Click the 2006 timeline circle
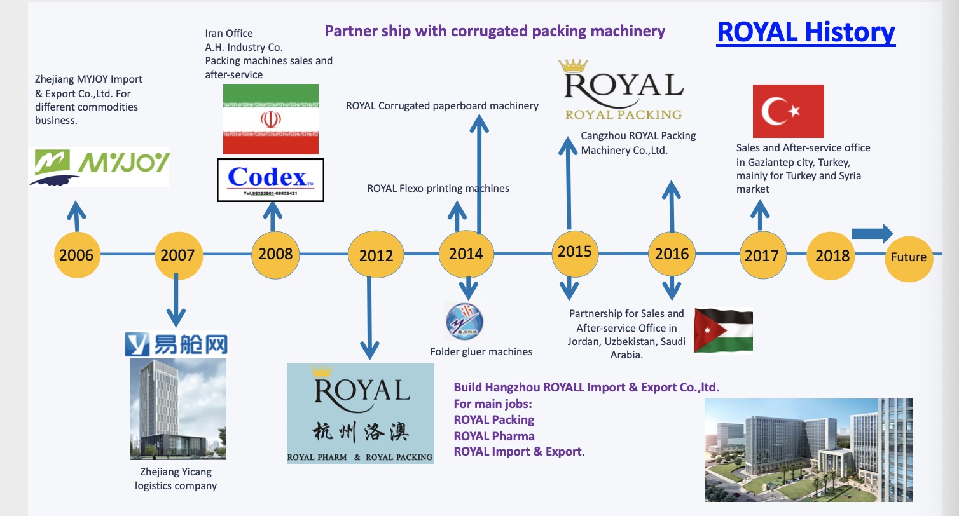click(x=76, y=255)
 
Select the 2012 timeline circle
click(x=376, y=255)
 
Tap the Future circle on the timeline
click(x=909, y=257)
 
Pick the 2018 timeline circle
click(x=832, y=255)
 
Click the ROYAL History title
click(x=806, y=32)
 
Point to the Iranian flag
click(x=271, y=119)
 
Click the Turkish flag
click(x=788, y=111)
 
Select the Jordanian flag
click(x=723, y=330)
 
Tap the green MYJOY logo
click(x=99, y=166)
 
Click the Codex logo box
click(x=270, y=180)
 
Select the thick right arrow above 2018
click(x=872, y=233)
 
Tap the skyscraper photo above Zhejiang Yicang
click(x=177, y=409)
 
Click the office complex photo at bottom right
click(x=808, y=450)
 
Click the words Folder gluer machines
click(x=481, y=351)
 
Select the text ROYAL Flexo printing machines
click(x=438, y=188)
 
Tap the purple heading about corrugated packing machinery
click(x=495, y=31)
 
